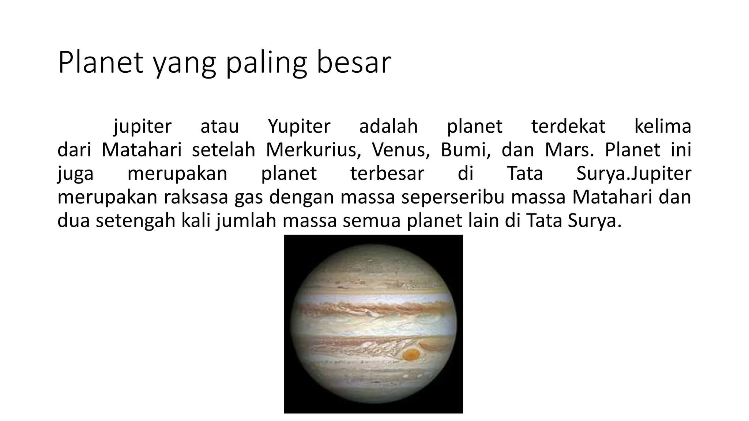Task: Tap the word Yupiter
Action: tap(299, 126)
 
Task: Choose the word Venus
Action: tap(401, 150)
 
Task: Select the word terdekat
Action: tap(568, 126)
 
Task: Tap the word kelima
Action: tap(662, 126)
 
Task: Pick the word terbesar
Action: tap(387, 173)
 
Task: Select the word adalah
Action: tap(388, 126)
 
